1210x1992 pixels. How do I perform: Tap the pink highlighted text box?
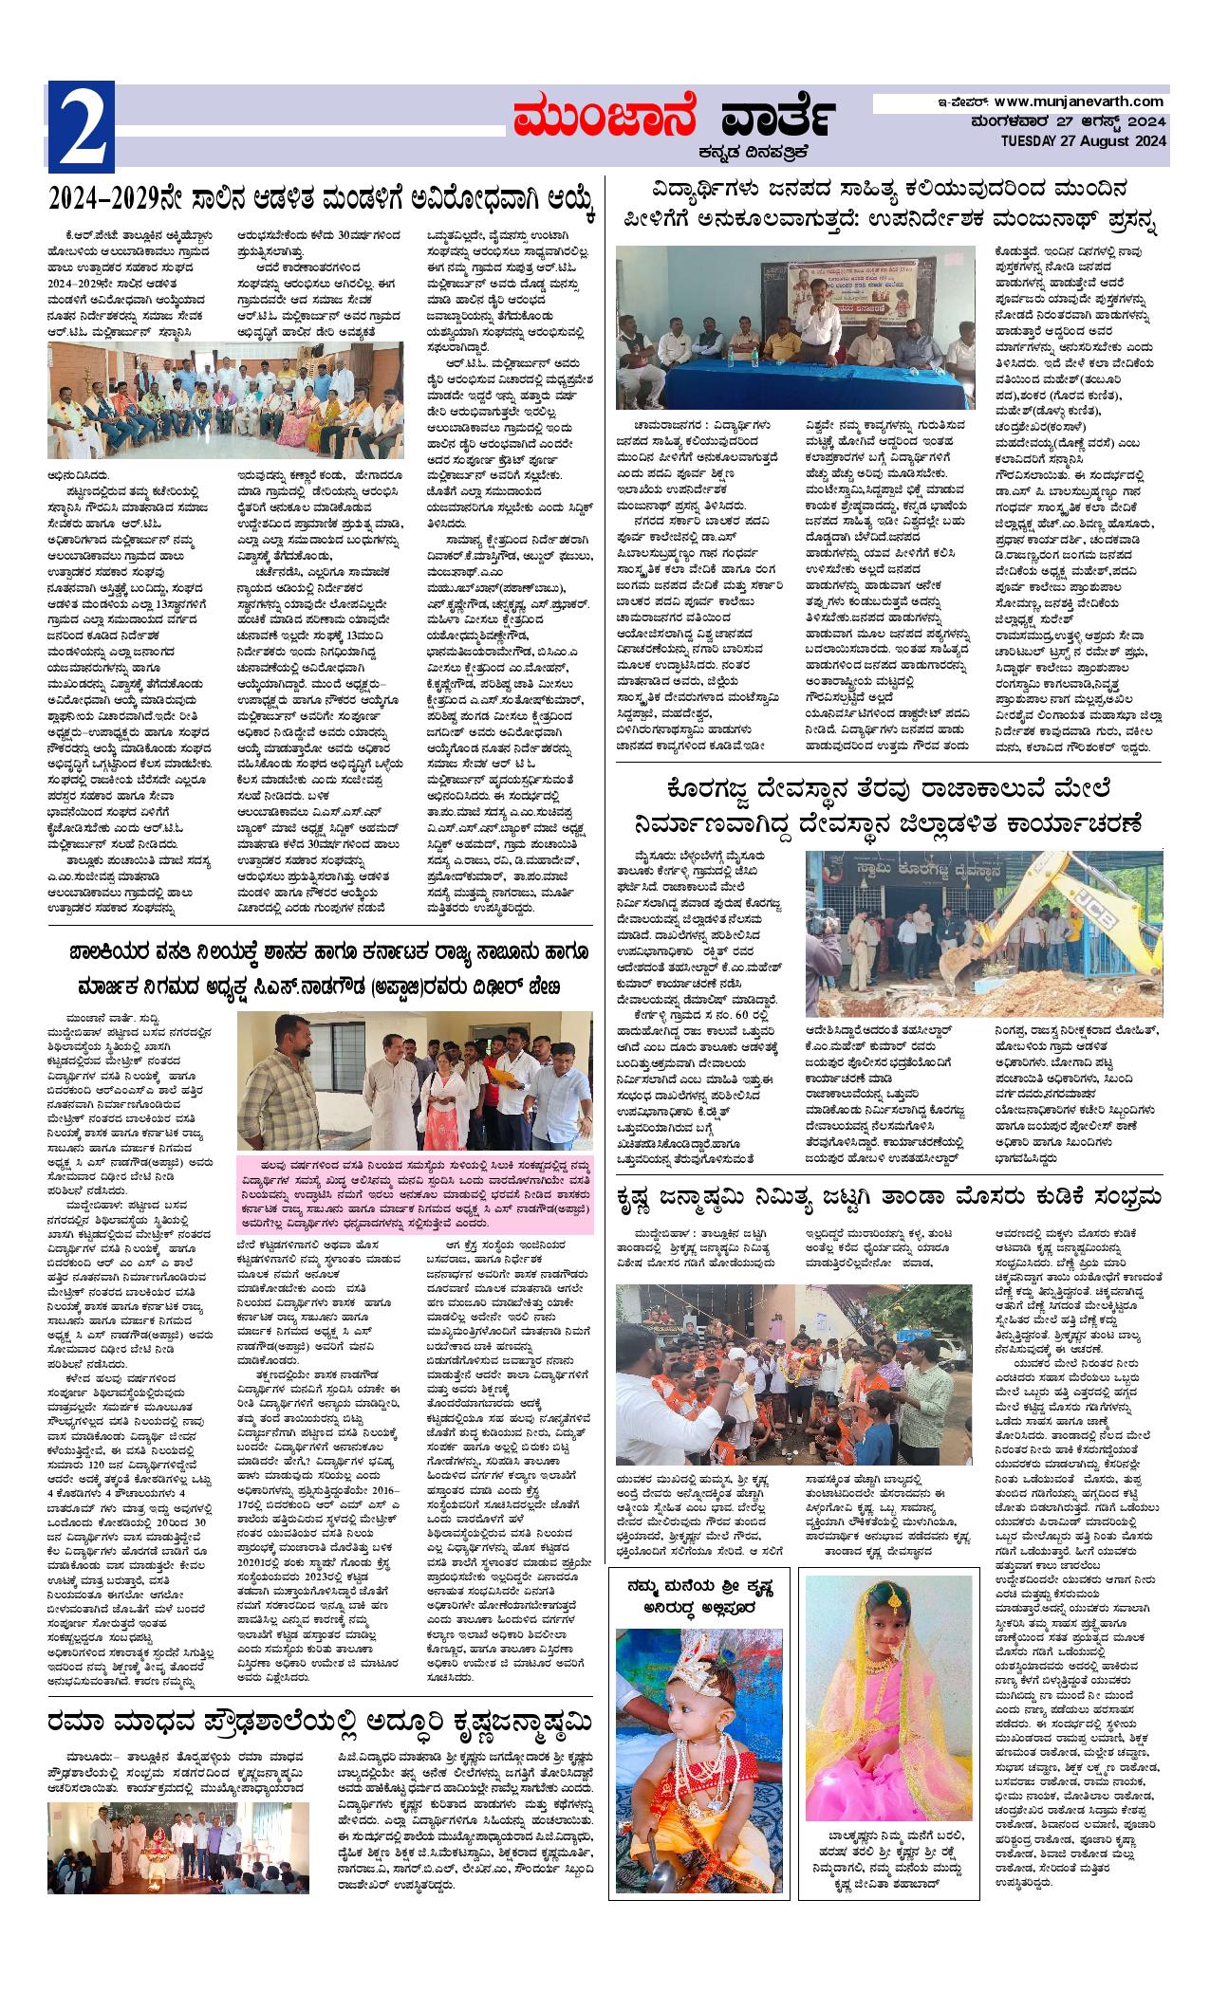[x=416, y=1194]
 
